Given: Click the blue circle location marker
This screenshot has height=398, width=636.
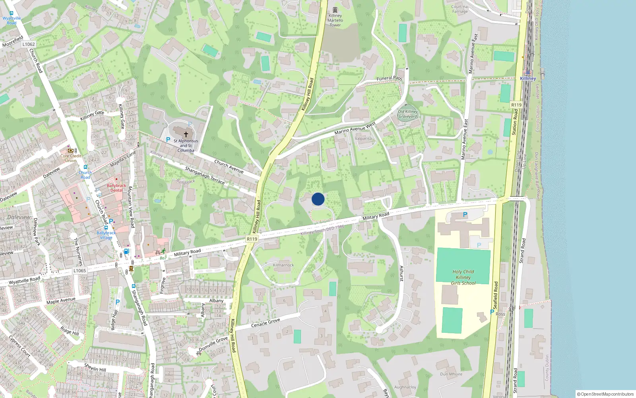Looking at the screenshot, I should click(318, 199).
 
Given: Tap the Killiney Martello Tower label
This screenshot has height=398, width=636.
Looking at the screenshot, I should click(335, 20).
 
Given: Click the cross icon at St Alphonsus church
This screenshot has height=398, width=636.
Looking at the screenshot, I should click(186, 134).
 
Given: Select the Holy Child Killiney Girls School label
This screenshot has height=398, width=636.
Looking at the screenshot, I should click(463, 277).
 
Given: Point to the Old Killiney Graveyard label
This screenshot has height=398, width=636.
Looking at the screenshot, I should click(408, 114).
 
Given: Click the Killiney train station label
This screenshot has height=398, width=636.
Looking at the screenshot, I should click(528, 78).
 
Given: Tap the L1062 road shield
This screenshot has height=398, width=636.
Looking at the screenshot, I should click(29, 44).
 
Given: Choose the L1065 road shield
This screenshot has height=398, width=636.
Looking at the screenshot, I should click(79, 271).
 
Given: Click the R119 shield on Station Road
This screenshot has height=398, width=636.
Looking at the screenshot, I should click(516, 105).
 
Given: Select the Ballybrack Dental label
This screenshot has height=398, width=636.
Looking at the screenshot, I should click(116, 188).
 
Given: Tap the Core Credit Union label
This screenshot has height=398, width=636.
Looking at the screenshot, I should click(71, 158).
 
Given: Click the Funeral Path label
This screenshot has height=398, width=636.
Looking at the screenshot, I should click(389, 78).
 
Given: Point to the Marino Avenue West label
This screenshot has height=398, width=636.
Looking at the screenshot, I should click(355, 129).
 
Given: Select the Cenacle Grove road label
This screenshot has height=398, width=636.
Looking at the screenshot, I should click(266, 323).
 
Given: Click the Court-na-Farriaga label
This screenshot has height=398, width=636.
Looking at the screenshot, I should click(460, 9).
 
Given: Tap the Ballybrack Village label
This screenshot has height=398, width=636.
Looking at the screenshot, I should click(106, 235).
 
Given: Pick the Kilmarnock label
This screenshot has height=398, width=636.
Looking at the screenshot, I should click(283, 265).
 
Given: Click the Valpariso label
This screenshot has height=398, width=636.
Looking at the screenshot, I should click(363, 139).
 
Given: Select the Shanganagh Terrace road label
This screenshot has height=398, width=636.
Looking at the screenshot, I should click(205, 176).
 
